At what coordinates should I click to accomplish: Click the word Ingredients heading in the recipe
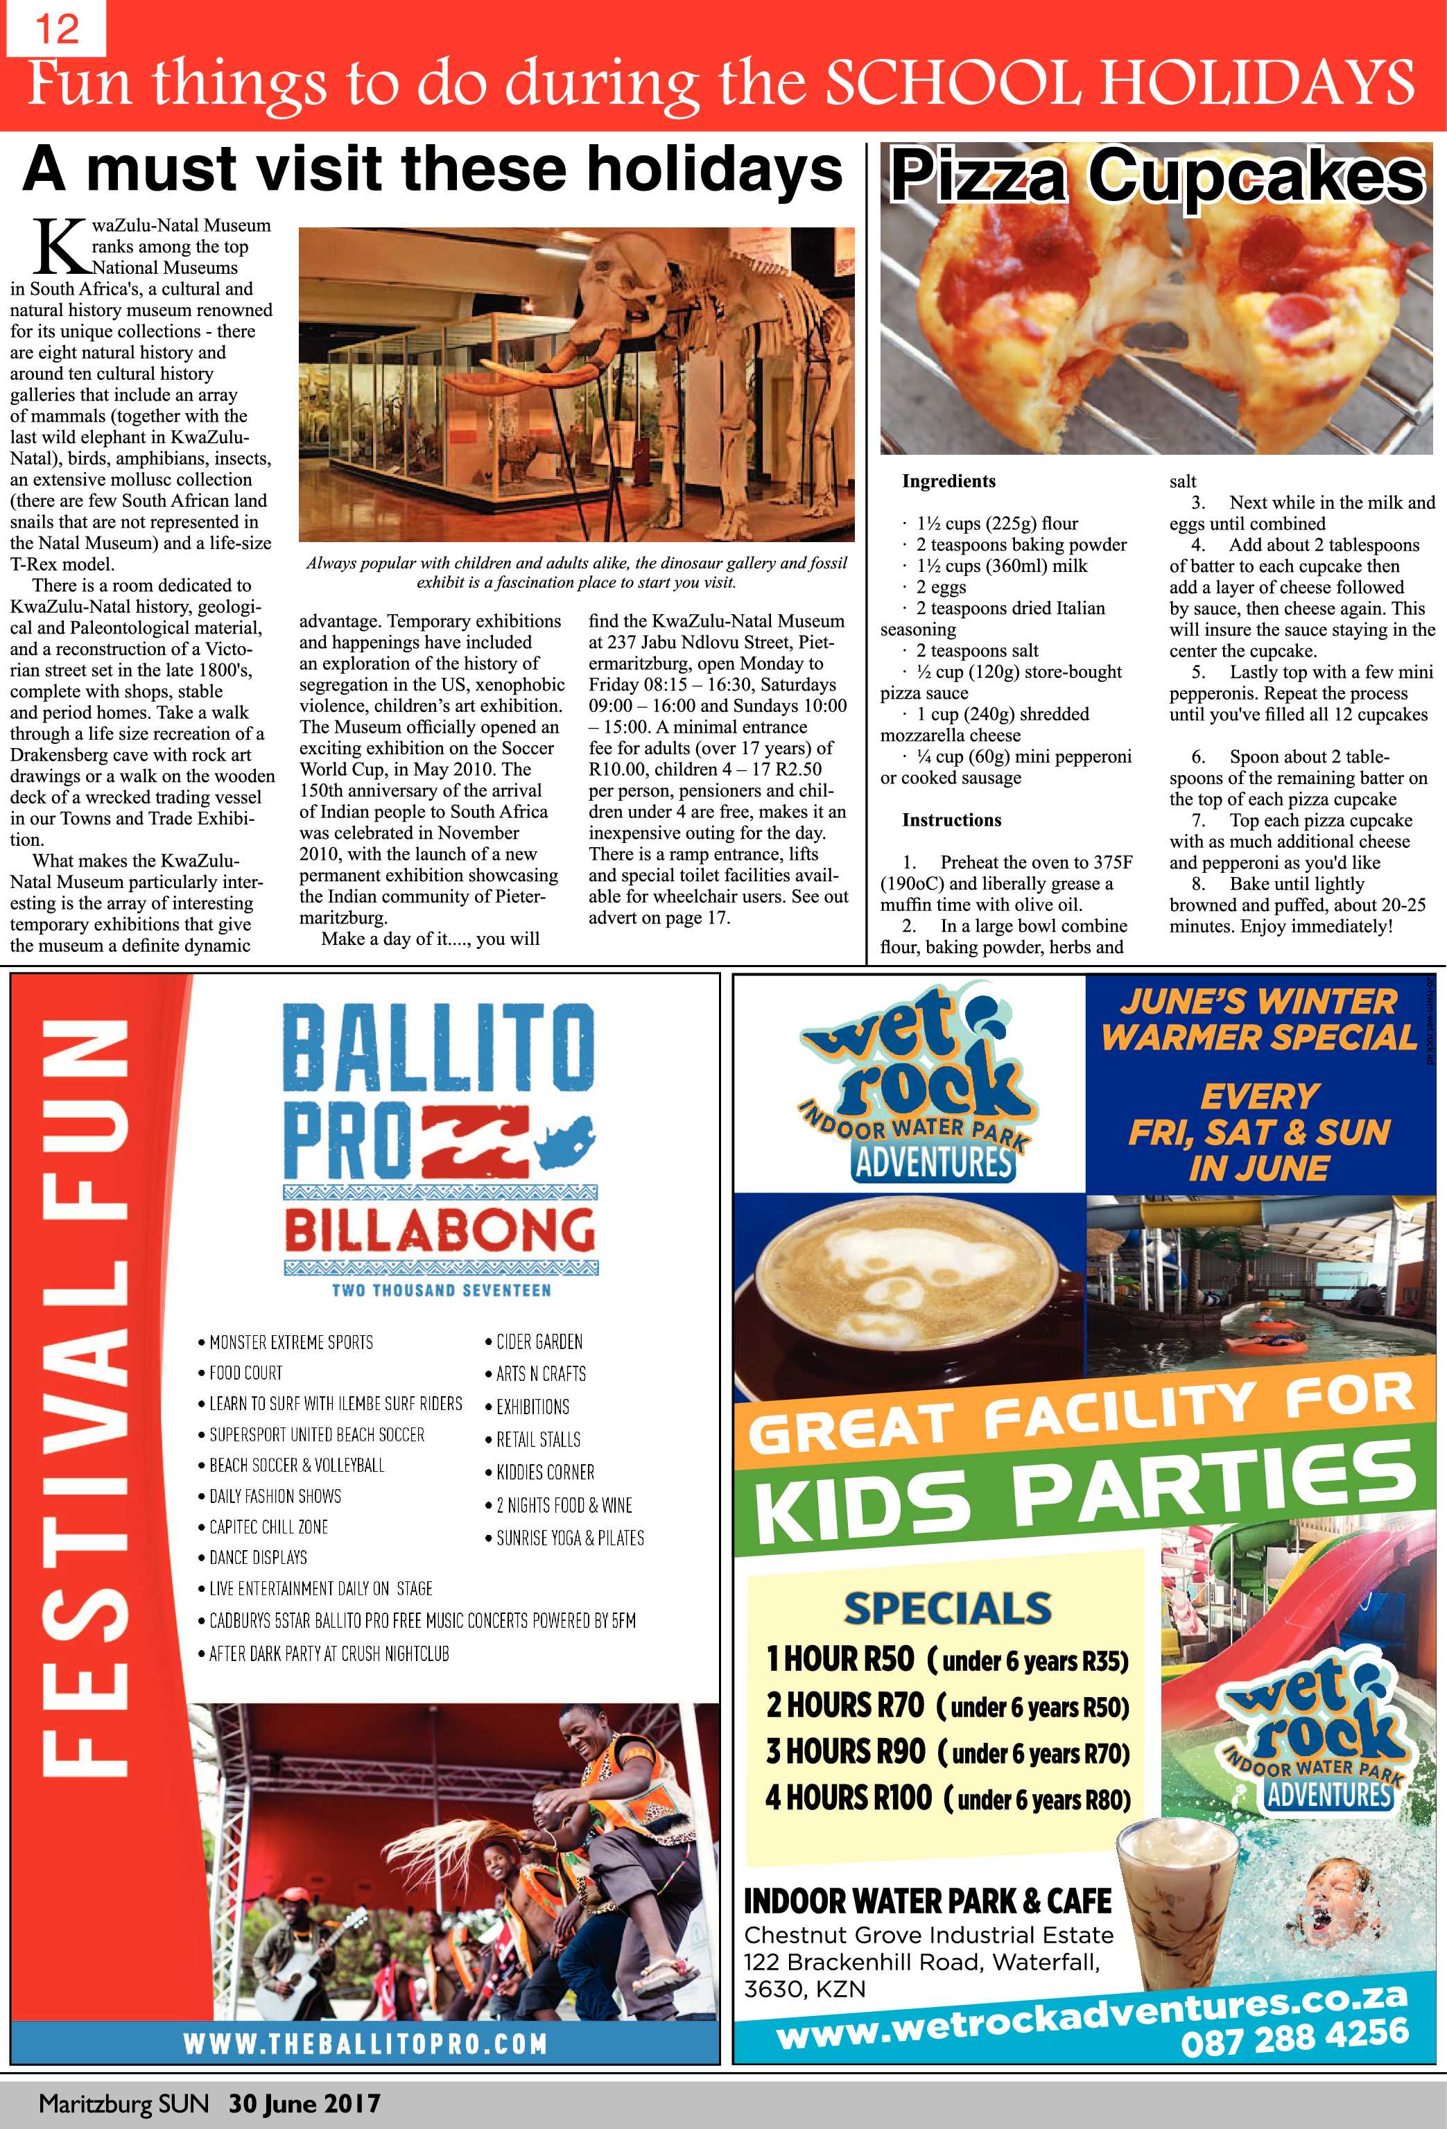948,481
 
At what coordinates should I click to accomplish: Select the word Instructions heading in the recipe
951,820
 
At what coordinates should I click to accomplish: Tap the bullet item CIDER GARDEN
539,1342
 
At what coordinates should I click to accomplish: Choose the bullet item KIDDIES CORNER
544,1473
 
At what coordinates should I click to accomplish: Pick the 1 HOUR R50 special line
946,1659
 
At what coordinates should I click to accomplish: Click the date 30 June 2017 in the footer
304,2103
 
